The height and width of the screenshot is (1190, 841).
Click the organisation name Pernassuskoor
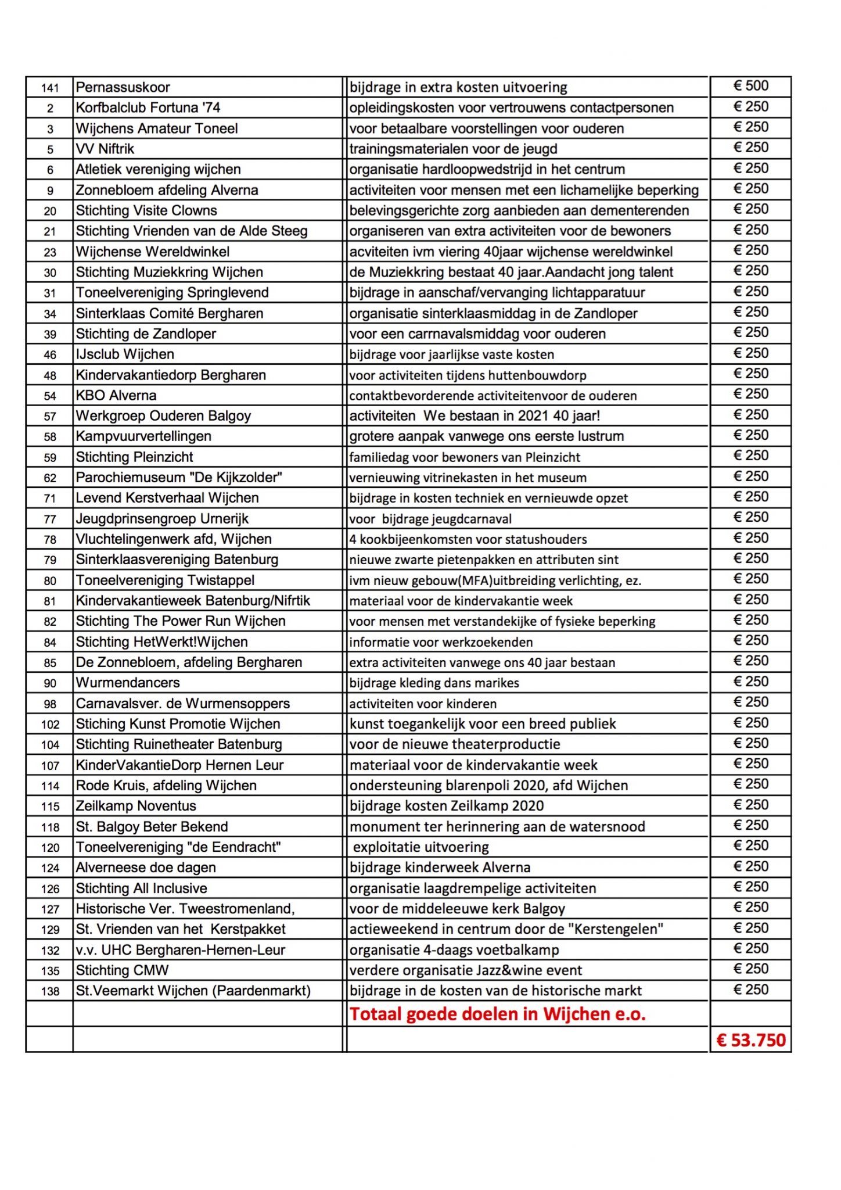click(123, 88)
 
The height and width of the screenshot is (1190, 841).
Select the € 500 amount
click(750, 86)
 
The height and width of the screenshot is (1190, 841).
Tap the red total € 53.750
click(750, 1040)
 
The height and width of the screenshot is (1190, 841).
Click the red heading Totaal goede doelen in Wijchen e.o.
click(497, 1014)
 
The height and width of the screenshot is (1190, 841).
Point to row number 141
click(50, 88)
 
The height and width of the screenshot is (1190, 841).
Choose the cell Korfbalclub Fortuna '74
click(148, 108)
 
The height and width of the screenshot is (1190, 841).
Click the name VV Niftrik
click(105, 149)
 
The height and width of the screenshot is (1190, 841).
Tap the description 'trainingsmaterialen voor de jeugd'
click(453, 149)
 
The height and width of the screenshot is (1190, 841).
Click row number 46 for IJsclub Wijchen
click(50, 355)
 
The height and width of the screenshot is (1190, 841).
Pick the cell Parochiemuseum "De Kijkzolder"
click(179, 478)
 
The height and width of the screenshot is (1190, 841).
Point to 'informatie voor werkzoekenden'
click(441, 642)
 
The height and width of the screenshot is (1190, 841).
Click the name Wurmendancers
click(128, 683)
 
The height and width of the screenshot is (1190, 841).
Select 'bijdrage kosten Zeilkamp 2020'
click(447, 806)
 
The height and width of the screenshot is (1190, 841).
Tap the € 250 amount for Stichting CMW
click(750, 969)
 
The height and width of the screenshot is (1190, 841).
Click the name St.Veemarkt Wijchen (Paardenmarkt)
click(193, 991)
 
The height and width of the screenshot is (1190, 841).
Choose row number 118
click(50, 827)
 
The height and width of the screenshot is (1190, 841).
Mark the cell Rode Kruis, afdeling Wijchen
click(166, 786)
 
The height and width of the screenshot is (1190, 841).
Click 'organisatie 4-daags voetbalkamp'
click(454, 950)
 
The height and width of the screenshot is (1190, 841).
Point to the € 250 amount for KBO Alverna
click(750, 394)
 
